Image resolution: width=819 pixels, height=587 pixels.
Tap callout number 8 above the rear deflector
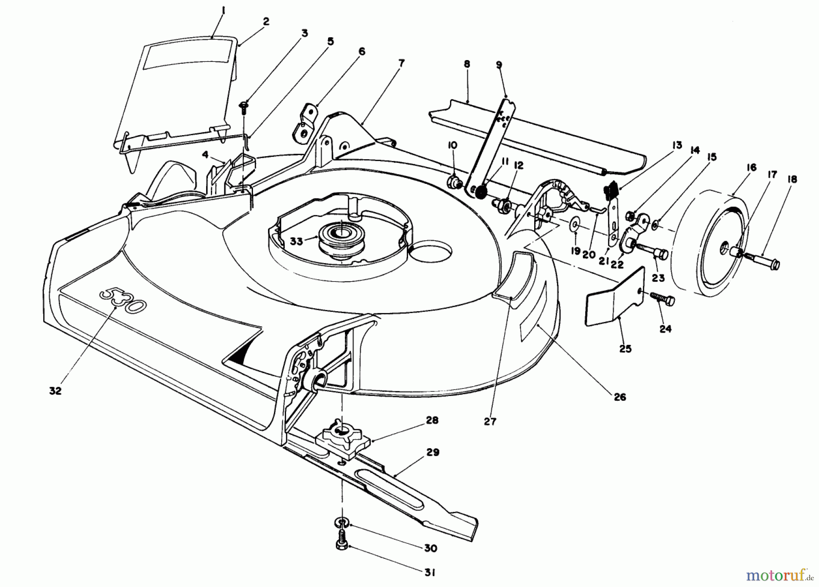[x=466, y=64]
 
